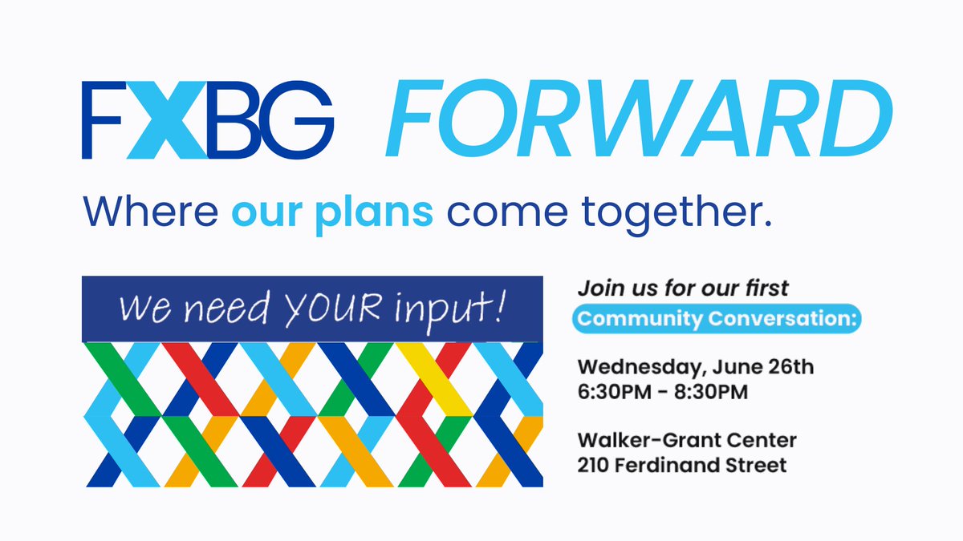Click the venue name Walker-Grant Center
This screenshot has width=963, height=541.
click(687, 441)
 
